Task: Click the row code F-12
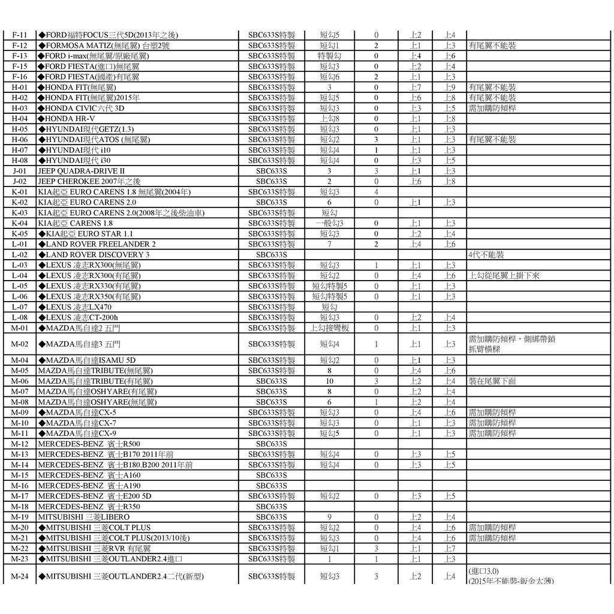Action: coord(20,46)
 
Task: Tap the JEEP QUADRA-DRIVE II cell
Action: coord(82,171)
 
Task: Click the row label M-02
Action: coord(20,344)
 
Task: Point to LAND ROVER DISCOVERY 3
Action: coord(94,255)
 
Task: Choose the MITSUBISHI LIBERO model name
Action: coord(83,517)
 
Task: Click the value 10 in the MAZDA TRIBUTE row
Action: coord(329,381)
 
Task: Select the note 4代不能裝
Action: coord(486,255)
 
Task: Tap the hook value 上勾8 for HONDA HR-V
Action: coord(329,119)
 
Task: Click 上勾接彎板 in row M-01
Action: coord(329,328)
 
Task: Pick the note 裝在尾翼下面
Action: coord(492,381)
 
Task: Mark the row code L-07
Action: coord(20,307)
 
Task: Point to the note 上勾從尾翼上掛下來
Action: coord(504,276)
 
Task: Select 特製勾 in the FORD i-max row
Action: coord(329,56)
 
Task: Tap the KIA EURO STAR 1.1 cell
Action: coord(86,234)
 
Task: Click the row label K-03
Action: coord(20,213)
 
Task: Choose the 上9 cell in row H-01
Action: coord(450,88)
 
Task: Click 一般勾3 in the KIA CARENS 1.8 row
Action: coord(329,224)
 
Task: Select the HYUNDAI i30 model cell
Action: coord(75,161)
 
